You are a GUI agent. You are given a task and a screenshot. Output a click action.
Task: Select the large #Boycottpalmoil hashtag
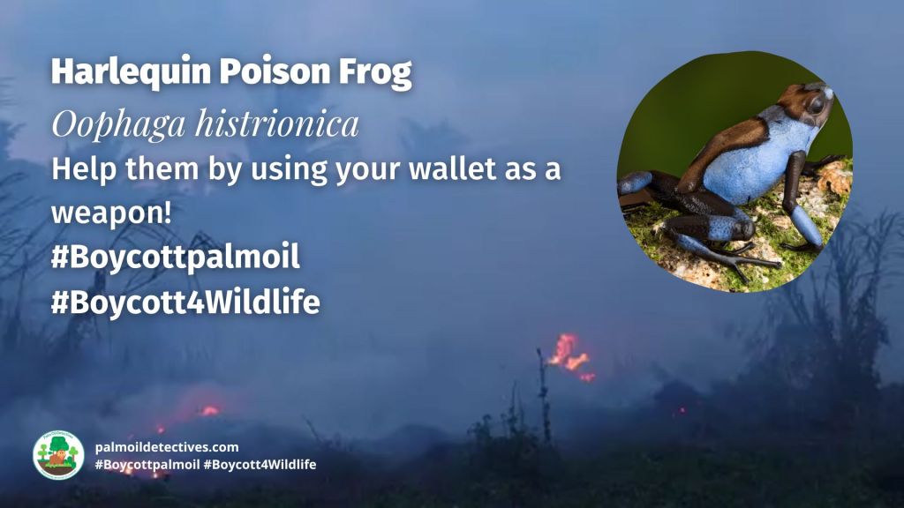(176, 258)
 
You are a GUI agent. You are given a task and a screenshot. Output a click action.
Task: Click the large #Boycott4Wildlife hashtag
(185, 303)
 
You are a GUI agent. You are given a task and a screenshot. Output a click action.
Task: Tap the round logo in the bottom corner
(58, 455)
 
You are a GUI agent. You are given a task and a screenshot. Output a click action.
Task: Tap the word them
(149, 169)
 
